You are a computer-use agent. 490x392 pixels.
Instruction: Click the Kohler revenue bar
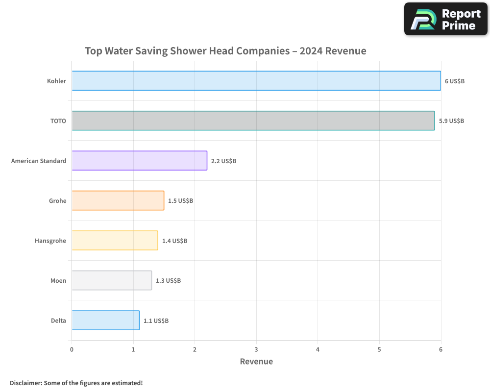coord(256,81)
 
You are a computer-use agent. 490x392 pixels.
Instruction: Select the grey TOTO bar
coord(253,121)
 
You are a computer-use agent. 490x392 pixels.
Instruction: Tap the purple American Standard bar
coord(139,160)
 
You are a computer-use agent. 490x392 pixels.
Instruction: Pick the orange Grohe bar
coord(118,200)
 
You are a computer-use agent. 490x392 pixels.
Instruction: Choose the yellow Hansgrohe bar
coord(115,240)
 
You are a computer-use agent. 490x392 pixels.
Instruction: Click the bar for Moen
coord(112,280)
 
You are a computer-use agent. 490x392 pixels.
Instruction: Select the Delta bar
coord(105,320)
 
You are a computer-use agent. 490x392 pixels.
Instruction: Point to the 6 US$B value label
coord(454,81)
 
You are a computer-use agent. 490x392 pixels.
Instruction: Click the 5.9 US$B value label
coord(451,121)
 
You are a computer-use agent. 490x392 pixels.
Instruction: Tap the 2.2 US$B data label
coord(223,161)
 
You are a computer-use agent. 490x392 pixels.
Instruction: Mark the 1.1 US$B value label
coord(156,320)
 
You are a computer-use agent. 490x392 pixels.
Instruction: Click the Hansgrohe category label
coord(50,241)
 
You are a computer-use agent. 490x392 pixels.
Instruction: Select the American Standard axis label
coord(39,161)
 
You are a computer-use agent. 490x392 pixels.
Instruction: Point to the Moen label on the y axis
coord(58,281)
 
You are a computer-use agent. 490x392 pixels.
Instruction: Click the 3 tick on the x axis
coord(256,349)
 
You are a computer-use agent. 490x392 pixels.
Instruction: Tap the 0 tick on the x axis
coord(72,349)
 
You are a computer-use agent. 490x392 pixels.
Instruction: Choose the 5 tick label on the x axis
coord(379,349)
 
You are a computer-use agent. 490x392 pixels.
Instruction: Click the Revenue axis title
coord(256,362)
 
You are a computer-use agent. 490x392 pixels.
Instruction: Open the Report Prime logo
coord(445,19)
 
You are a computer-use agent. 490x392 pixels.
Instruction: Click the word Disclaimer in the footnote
coord(25,383)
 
